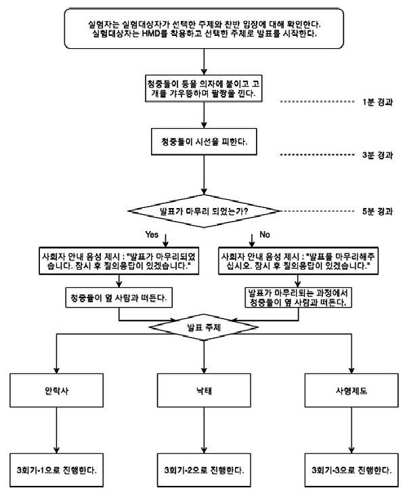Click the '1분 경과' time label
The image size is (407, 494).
[x=377, y=102]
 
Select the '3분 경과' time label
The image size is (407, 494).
[x=377, y=155]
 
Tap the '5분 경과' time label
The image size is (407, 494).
[x=377, y=211]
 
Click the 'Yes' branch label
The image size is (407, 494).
[x=152, y=234]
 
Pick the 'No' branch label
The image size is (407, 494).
[x=265, y=234]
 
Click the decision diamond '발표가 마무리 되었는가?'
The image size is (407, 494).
[x=204, y=211]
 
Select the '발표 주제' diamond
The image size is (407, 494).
[x=204, y=327]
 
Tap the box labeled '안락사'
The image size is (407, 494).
[x=57, y=390]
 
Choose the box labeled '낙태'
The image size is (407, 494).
[x=204, y=390]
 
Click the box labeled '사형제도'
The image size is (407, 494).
[x=351, y=390]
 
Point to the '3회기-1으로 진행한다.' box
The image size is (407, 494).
[x=57, y=470]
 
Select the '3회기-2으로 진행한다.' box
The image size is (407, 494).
[x=204, y=470]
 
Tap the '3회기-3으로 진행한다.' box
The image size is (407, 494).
[x=351, y=470]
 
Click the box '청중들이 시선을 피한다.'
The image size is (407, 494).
[x=204, y=142]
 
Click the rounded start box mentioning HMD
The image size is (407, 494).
[x=204, y=28]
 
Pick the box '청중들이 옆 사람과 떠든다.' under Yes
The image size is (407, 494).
[x=119, y=297]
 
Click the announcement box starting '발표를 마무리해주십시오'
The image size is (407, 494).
[x=299, y=261]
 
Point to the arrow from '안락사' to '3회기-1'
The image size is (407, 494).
[x=57, y=430]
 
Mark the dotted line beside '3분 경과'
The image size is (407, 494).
[x=318, y=155]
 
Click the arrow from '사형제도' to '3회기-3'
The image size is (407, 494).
[x=351, y=430]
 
